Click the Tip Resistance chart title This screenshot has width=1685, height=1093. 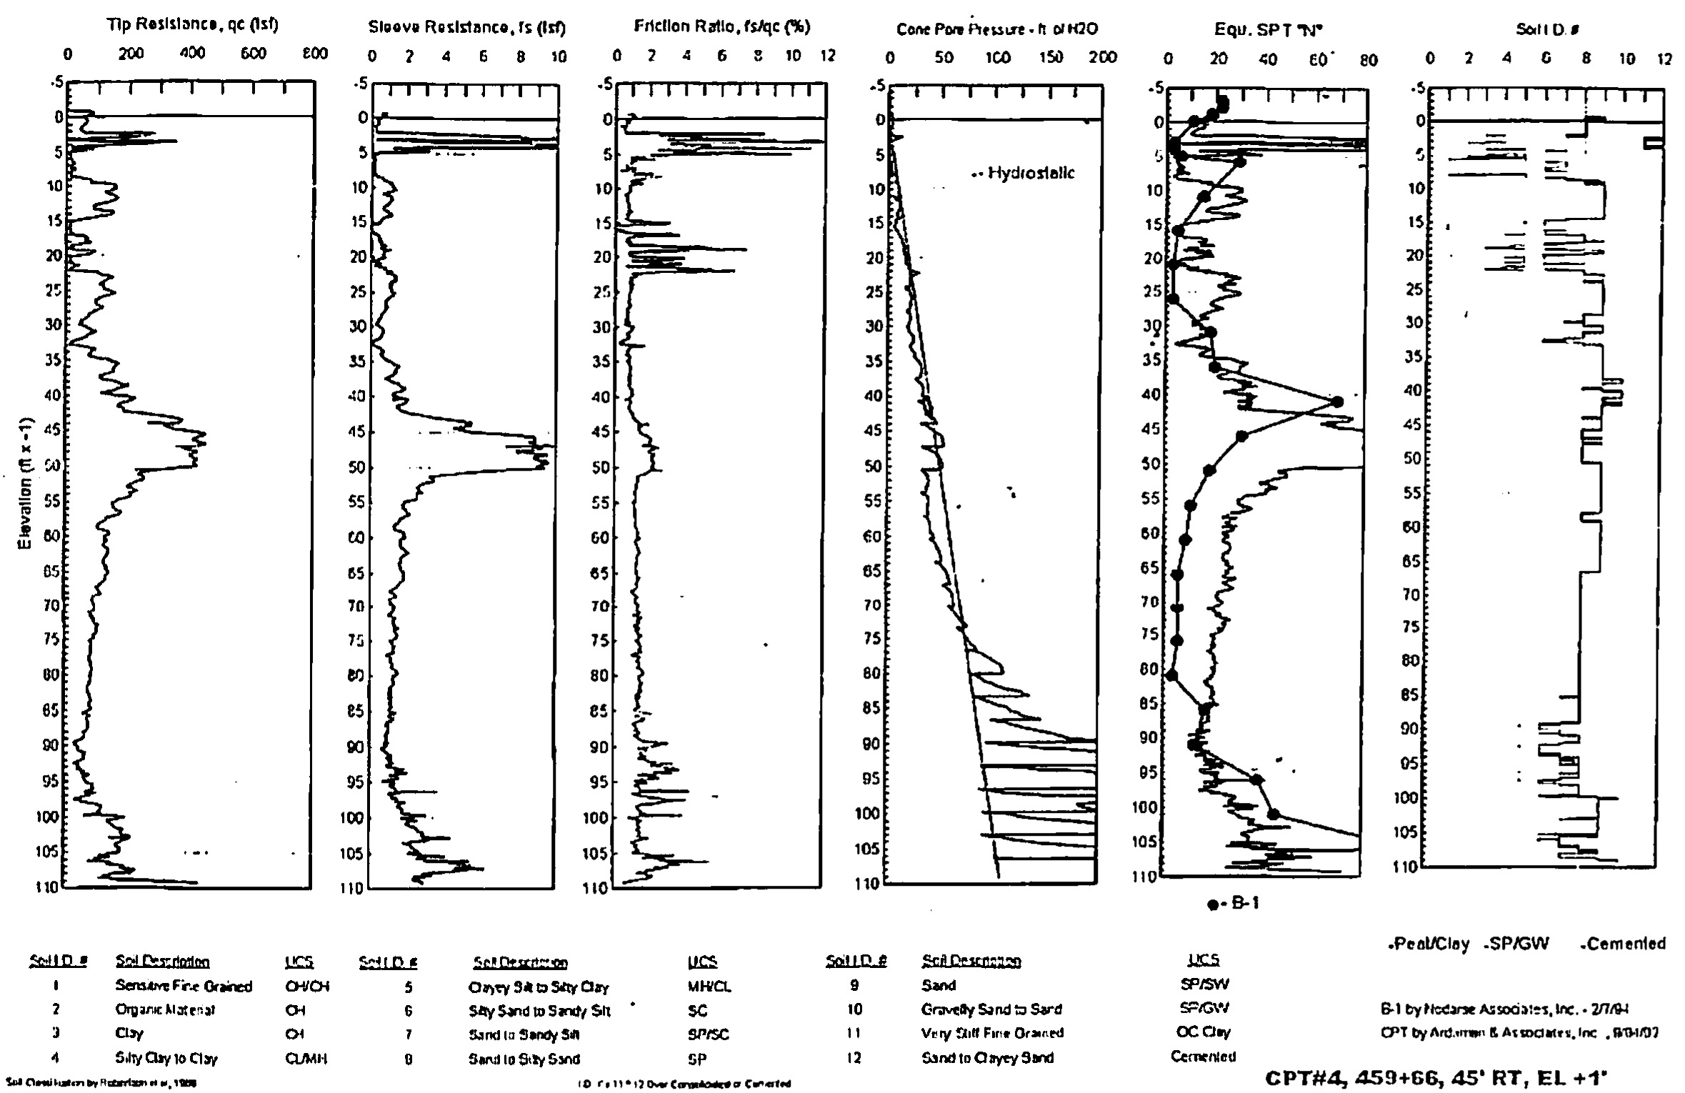tap(192, 26)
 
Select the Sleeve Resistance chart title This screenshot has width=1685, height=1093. tap(466, 28)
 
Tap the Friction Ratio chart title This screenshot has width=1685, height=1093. tap(722, 27)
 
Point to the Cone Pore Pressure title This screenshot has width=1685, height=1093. tap(997, 29)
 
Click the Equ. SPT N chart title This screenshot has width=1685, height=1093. tap(1264, 30)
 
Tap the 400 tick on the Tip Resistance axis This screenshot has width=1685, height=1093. tap(192, 54)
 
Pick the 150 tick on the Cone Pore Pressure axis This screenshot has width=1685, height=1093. tap(1051, 57)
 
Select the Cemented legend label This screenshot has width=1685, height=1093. tap(1626, 944)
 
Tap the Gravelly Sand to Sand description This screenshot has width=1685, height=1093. tap(991, 1009)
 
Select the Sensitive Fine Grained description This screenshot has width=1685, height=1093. tap(184, 987)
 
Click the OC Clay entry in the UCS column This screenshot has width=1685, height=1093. tap(1203, 1032)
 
